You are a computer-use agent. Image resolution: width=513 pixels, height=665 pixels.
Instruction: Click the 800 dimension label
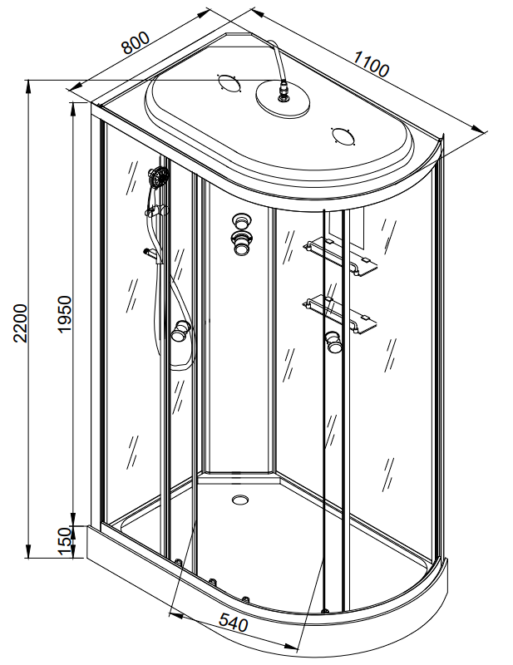pyautogui.click(x=135, y=42)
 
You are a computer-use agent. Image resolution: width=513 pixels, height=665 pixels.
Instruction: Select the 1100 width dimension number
pyautogui.click(x=371, y=63)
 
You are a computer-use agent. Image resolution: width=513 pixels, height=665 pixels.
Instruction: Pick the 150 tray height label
pyautogui.click(x=64, y=541)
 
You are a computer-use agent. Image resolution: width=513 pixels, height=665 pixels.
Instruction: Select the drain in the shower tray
pyautogui.click(x=242, y=500)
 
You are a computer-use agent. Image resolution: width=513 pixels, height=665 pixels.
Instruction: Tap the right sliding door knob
pyautogui.click(x=334, y=341)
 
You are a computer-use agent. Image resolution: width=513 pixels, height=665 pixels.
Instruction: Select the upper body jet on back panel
pyautogui.click(x=242, y=221)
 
